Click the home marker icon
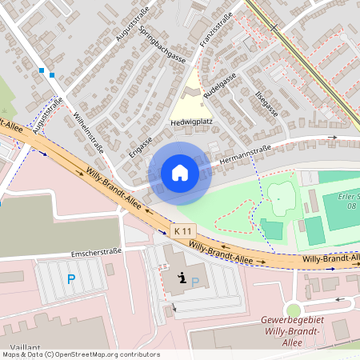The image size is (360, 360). pyautogui.click(x=180, y=173)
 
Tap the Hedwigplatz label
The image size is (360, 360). pyautogui.click(x=190, y=123)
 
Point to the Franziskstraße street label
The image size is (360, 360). pyautogui.click(x=216, y=30)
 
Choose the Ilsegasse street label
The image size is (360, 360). pyautogui.click(x=265, y=104)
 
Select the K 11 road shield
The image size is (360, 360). pyautogui.click(x=183, y=230)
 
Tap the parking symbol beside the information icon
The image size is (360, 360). pyautogui.click(x=195, y=281)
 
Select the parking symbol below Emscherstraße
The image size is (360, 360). pyautogui.click(x=71, y=279)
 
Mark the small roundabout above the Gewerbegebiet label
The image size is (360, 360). pyautogui.click(x=295, y=309)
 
